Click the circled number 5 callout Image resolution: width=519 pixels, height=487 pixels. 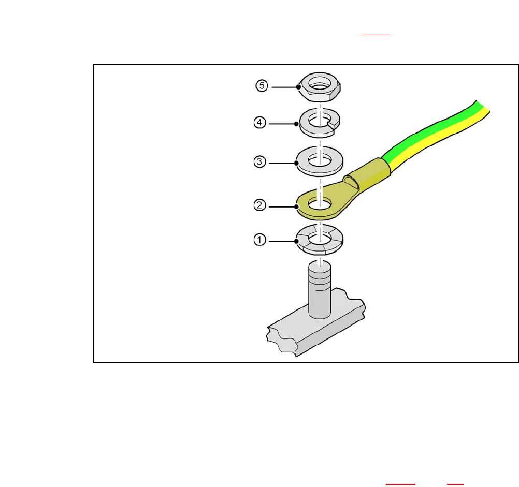262,85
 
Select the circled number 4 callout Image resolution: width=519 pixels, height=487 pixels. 260,123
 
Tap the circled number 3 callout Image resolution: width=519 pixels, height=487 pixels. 260,162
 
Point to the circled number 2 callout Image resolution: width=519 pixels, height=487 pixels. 260,205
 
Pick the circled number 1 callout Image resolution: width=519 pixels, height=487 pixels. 260,240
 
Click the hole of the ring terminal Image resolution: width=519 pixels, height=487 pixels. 320,203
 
